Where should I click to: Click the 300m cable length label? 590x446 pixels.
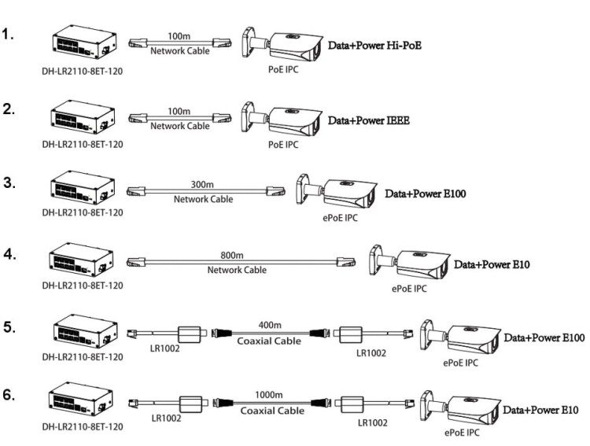[x=203, y=184]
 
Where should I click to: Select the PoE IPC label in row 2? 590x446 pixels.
[x=282, y=144]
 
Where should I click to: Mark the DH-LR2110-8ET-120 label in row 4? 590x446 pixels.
[x=83, y=286]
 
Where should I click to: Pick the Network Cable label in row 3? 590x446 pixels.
[x=203, y=199]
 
